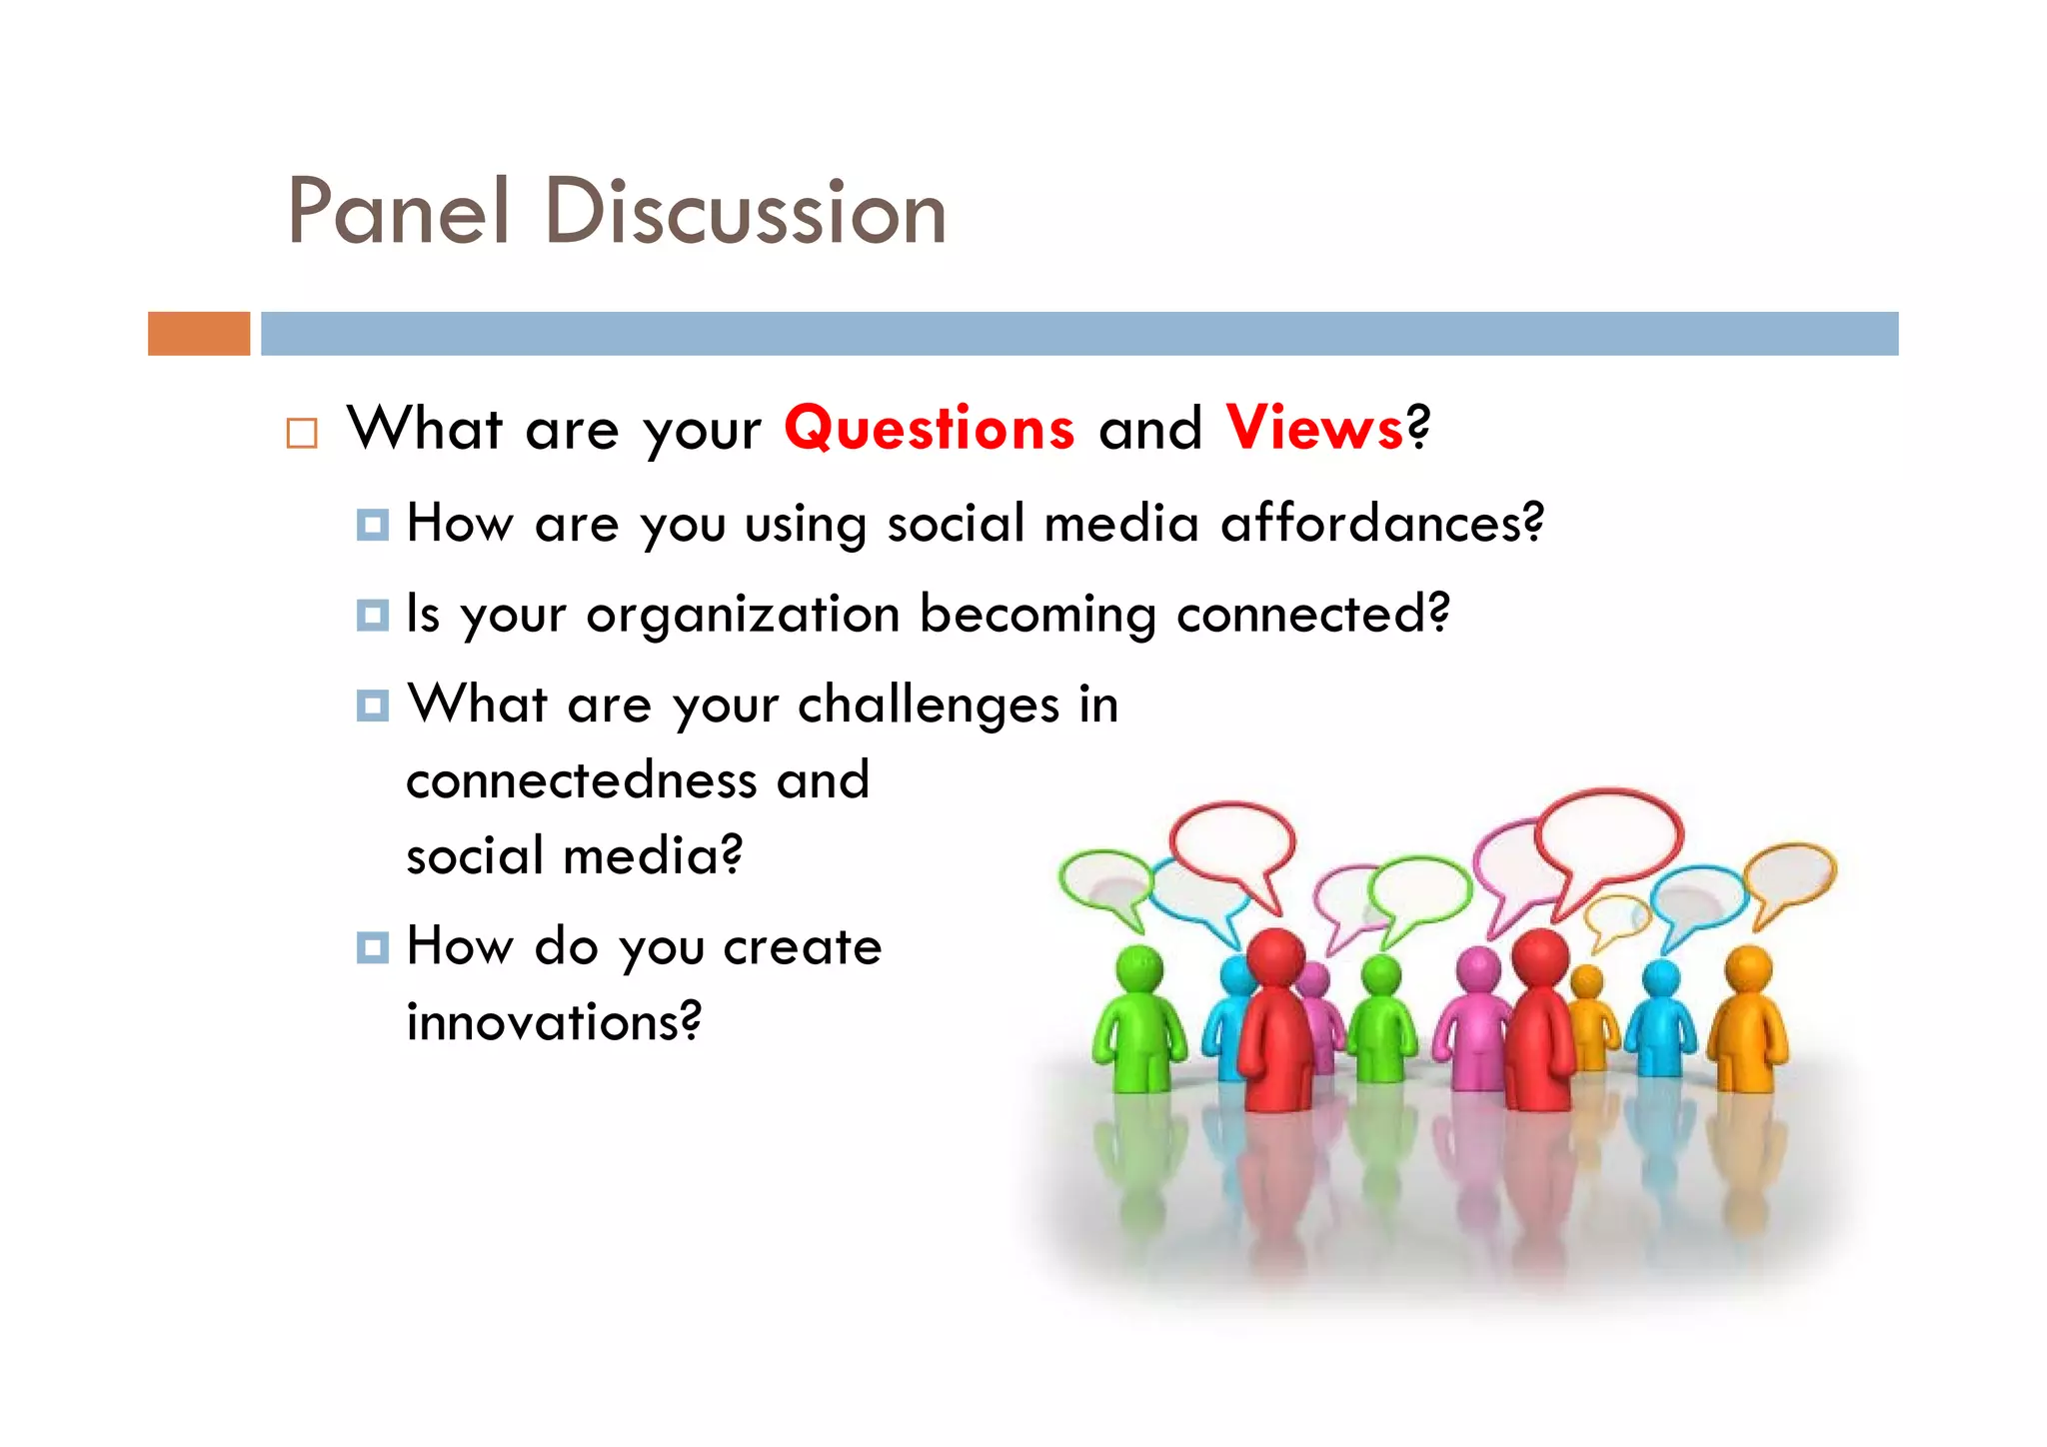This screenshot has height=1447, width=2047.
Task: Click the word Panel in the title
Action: [398, 211]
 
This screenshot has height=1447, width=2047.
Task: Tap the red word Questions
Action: [930, 429]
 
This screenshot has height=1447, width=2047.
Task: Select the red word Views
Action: [1314, 429]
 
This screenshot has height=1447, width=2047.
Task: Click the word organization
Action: [743, 615]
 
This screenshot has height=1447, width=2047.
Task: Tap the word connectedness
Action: [581, 780]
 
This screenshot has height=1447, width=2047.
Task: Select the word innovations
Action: [553, 1021]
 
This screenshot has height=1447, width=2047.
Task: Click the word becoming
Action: [1037, 615]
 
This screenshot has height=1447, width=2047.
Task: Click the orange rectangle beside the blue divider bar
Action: [199, 334]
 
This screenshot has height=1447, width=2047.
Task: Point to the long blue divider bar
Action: [1079, 334]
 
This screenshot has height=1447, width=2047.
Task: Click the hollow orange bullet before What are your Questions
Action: [302, 433]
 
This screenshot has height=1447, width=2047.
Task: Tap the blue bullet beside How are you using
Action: [372, 525]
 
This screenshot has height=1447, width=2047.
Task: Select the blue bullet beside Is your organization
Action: [372, 616]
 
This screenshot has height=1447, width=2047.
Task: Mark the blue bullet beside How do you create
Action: [372, 947]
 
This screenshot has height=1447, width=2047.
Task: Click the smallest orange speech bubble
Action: [1613, 917]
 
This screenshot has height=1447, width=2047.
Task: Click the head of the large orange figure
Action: [1748, 967]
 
